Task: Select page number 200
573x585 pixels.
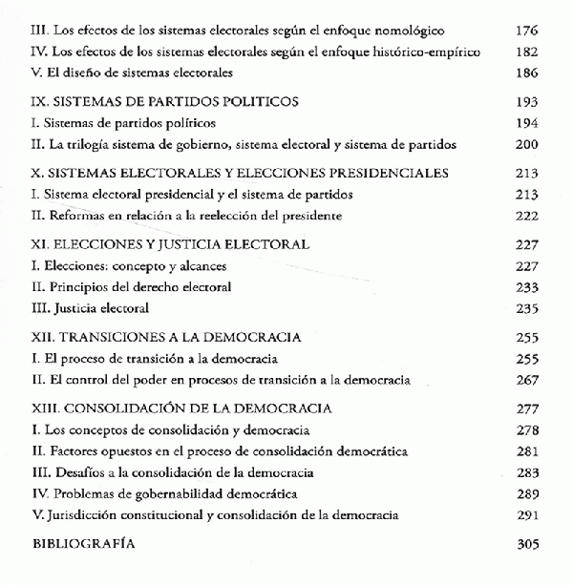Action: point(527,145)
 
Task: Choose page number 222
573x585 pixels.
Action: point(527,217)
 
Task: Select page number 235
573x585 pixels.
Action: point(527,308)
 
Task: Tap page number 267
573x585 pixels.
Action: point(527,380)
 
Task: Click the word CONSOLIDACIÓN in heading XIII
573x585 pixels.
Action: point(120,407)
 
